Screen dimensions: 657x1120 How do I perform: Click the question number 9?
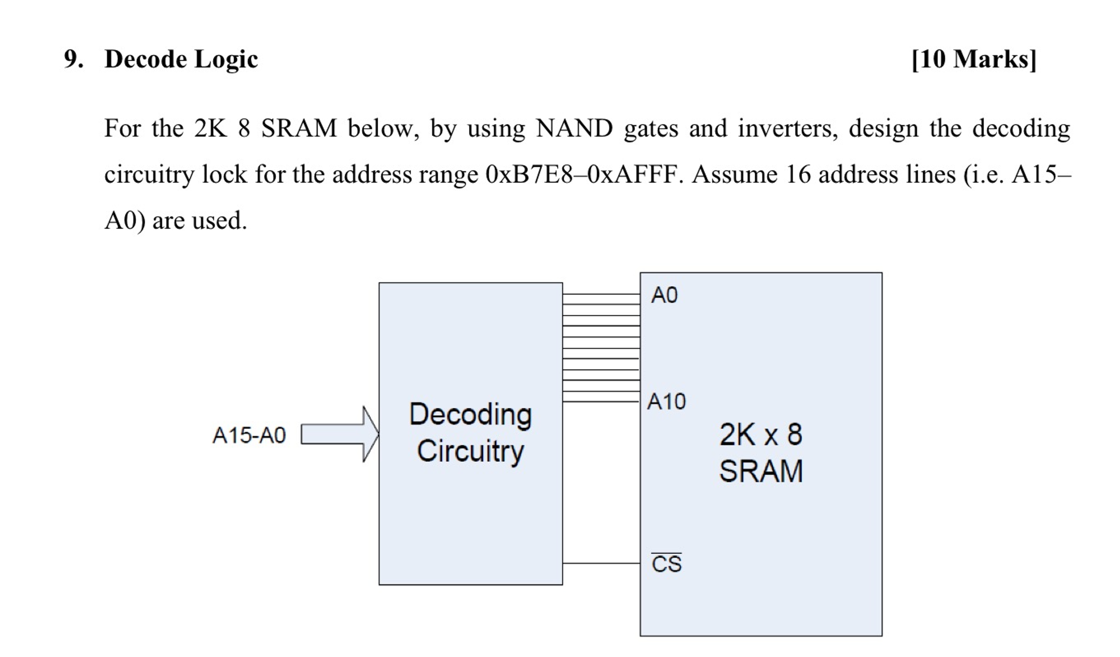pos(73,59)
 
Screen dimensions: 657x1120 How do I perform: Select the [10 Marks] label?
pos(974,59)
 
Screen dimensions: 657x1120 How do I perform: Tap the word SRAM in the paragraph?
pos(299,129)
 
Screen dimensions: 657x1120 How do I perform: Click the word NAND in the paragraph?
pos(574,129)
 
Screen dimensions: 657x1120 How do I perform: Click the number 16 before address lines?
pos(798,174)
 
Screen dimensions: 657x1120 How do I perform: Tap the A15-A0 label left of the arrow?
pos(249,435)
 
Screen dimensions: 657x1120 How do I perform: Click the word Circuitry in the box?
pos(470,451)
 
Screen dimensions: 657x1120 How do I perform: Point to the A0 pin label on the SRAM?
pos(664,295)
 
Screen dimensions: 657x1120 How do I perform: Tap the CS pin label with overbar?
pos(666,564)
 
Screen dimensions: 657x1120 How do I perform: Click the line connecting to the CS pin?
pos(601,563)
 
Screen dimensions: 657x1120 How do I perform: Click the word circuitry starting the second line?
pos(149,174)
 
